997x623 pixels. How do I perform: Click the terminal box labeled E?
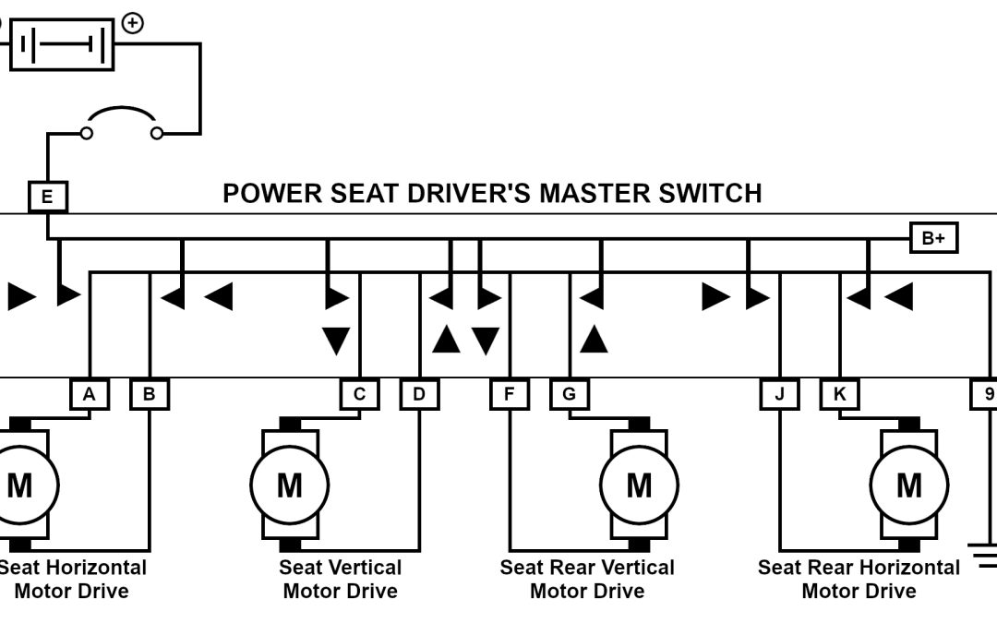click(47, 197)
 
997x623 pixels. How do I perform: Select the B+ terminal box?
click(933, 238)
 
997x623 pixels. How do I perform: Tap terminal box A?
click(90, 395)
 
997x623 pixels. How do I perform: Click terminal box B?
click(150, 395)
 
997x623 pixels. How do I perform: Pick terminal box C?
click(359, 395)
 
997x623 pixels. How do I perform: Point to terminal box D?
click(419, 395)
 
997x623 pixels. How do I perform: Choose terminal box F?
click(510, 395)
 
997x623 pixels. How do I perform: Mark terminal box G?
click(569, 395)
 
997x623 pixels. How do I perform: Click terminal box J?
click(780, 395)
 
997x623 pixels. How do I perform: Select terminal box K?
click(840, 395)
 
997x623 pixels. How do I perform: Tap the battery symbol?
click(62, 43)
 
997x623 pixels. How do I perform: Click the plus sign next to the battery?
click(133, 23)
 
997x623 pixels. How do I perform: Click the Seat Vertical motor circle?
click(289, 485)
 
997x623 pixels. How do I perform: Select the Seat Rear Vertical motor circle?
click(639, 485)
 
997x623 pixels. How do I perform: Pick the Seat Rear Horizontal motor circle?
click(909, 485)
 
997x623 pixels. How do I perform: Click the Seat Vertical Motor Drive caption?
click(341, 579)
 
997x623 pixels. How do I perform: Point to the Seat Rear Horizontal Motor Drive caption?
click(859, 579)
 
